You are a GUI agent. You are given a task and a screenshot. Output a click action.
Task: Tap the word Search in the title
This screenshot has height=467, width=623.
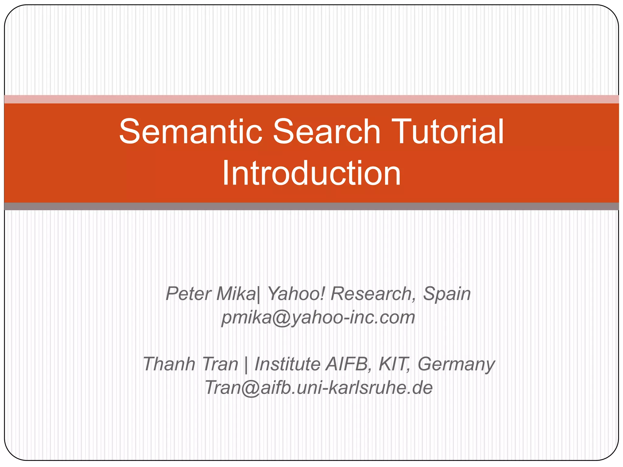coord(327,131)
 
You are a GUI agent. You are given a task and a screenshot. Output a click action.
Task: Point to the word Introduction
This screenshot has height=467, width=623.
coord(311,173)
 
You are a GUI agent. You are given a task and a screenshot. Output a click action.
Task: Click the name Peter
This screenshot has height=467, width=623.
coord(188,294)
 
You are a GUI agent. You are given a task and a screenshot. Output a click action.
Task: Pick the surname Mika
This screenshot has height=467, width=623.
coord(236,294)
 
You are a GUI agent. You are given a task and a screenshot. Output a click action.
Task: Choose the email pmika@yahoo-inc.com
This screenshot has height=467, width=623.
coord(318,317)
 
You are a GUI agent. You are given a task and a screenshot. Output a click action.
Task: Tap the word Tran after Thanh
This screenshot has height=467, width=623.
coord(220,364)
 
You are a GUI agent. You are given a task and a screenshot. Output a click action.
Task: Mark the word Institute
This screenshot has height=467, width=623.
coord(287,364)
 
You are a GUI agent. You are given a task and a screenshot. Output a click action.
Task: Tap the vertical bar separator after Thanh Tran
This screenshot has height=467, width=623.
coord(246,364)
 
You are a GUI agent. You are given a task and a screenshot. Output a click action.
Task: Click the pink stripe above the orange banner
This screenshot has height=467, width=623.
coord(311,99)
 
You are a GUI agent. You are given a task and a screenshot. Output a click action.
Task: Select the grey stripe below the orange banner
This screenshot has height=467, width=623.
coord(311,206)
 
